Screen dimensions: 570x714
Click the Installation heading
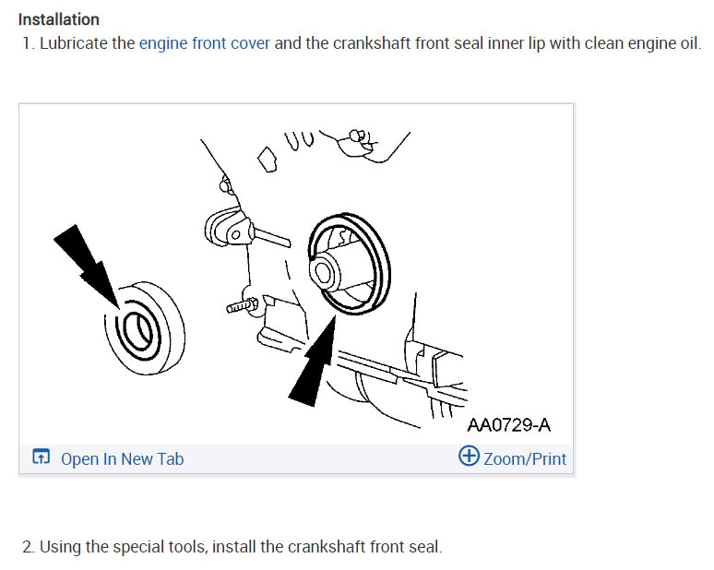tap(59, 19)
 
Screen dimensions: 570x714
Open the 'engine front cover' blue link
tap(205, 43)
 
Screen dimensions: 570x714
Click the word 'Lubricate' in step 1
tap(74, 43)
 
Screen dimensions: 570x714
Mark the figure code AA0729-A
tap(508, 425)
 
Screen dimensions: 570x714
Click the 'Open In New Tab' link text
tap(122, 458)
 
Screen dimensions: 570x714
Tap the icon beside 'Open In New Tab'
tap(41, 458)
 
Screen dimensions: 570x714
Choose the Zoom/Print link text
tap(524, 458)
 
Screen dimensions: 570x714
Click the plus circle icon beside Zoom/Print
tap(469, 457)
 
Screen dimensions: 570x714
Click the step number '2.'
tap(29, 547)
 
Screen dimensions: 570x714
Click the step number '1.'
tap(29, 43)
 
